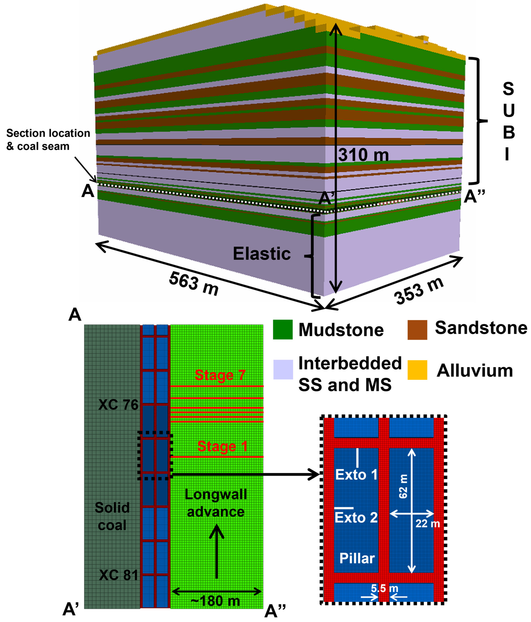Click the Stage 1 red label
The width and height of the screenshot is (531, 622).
click(222, 446)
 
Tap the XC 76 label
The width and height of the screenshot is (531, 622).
click(118, 405)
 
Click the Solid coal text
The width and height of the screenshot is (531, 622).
click(112, 516)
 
